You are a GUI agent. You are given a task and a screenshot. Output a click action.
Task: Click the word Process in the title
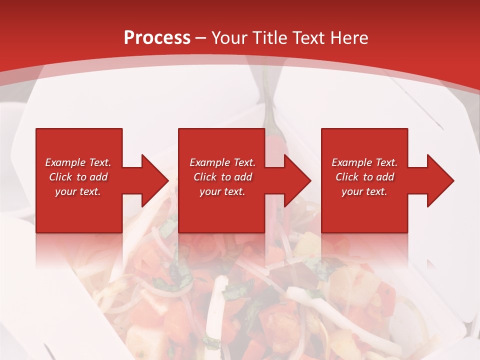[157, 37]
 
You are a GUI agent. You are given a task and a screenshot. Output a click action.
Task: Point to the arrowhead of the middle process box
[296, 180]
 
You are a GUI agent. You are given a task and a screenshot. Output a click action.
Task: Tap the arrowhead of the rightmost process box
[439, 180]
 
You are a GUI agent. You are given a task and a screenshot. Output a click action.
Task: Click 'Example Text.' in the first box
[78, 162]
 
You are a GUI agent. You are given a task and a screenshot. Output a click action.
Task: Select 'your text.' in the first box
[78, 191]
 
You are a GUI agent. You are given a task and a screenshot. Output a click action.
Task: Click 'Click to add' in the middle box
[222, 177]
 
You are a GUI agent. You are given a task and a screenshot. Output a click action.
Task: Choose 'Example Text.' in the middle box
[222, 162]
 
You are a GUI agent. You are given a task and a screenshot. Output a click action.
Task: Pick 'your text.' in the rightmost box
[364, 191]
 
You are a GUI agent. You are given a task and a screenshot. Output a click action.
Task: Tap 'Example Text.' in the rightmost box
[364, 162]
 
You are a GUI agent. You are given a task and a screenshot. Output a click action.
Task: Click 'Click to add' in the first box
[78, 177]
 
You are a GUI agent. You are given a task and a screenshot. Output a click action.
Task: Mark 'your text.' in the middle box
[222, 191]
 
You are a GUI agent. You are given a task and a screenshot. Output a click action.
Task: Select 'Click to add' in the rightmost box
[364, 177]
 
